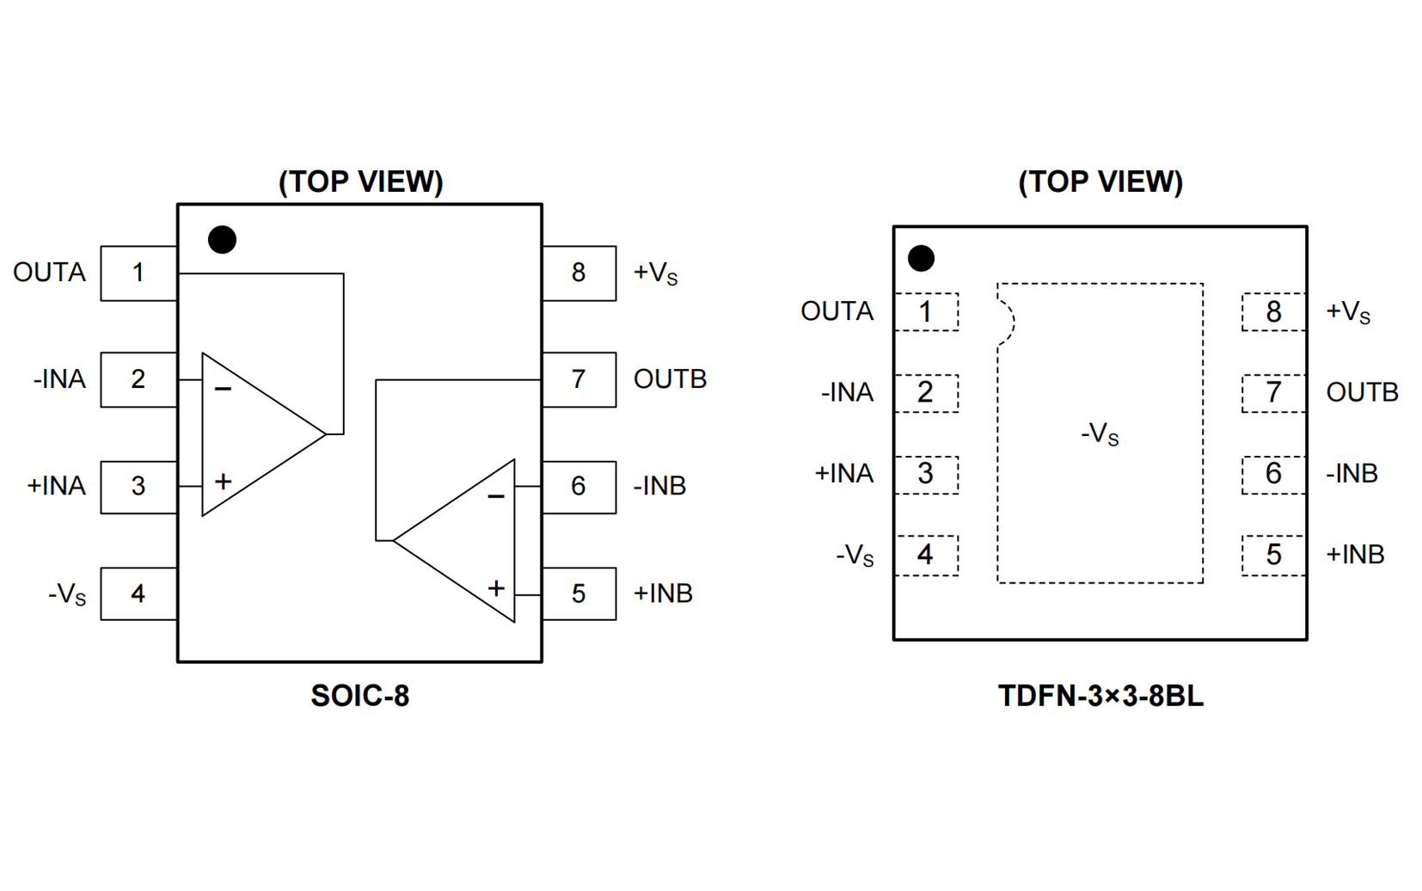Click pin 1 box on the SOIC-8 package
click(x=138, y=273)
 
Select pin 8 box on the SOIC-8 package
click(x=579, y=273)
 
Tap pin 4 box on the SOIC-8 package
click(x=138, y=593)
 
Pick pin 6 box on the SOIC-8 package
click(x=579, y=487)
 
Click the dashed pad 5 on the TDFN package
click(x=1273, y=555)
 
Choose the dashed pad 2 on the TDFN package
click(x=926, y=393)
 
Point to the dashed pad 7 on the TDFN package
click(x=1273, y=393)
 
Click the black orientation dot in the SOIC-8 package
click(x=222, y=240)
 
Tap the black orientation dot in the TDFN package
click(x=921, y=258)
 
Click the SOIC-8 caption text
click(x=359, y=696)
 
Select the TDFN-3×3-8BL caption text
click(x=1100, y=696)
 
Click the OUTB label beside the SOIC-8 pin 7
click(x=670, y=379)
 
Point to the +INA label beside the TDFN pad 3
click(x=843, y=474)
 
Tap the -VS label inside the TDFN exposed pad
click(x=1100, y=433)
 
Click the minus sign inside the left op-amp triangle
click(x=223, y=390)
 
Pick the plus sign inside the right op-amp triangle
click(x=496, y=589)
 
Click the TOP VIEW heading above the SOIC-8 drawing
click(x=360, y=182)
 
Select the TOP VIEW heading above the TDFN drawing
click(x=1100, y=182)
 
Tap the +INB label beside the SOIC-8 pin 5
click(x=663, y=593)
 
